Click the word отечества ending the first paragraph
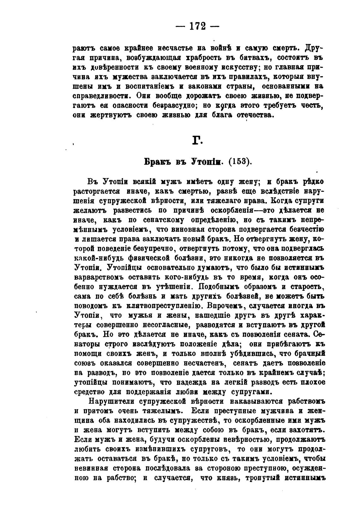pos(252,115)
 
